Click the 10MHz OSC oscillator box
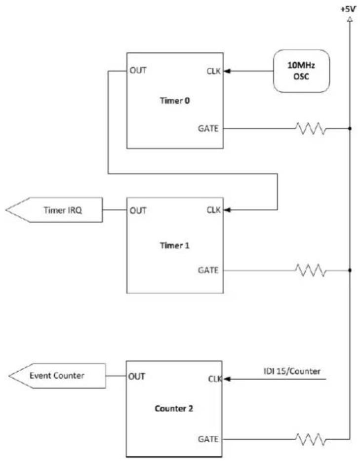(301, 71)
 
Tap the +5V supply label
(348, 9)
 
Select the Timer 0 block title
(175, 101)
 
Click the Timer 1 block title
(175, 245)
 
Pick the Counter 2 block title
(174, 408)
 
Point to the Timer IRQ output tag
(54, 210)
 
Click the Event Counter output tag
(57, 376)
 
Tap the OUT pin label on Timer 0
(138, 70)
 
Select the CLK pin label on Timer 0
(213, 71)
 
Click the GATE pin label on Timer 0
(208, 128)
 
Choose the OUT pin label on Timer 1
(138, 210)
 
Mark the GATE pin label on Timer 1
(208, 270)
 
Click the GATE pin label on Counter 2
(208, 439)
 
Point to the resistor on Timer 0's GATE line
(311, 128)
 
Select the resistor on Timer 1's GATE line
(311, 270)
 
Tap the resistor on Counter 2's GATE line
(311, 439)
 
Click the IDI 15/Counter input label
(292, 371)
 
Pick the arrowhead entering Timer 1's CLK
(227, 210)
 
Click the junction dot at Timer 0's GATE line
(350, 128)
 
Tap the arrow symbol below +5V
(350, 20)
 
